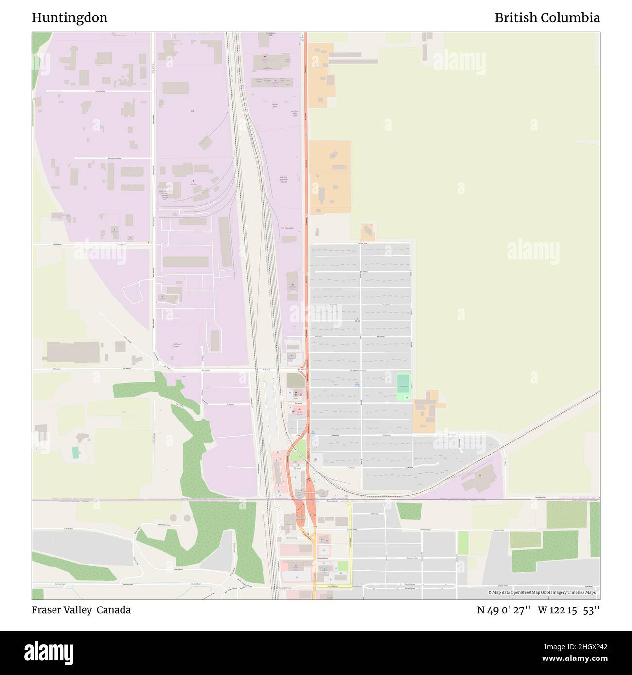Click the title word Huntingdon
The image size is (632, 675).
tap(70, 18)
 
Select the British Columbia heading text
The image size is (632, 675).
tap(547, 18)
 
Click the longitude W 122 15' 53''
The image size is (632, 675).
tap(569, 610)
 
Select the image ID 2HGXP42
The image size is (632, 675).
tap(581, 646)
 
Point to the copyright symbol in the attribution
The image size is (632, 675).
tap(490, 592)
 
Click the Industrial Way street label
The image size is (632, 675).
tap(100, 91)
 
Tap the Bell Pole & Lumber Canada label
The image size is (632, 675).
tap(283, 179)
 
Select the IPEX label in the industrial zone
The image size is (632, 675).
tap(192, 111)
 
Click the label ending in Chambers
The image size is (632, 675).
tap(287, 227)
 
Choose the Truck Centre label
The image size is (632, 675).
tap(176, 345)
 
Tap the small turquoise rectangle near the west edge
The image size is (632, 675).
tap(75, 453)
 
